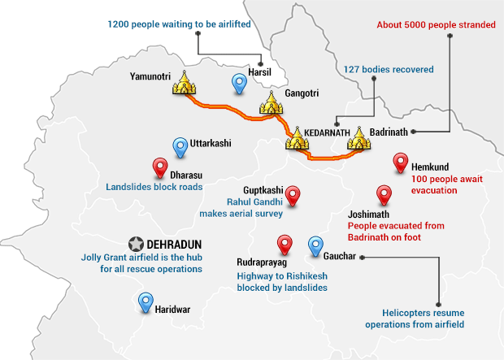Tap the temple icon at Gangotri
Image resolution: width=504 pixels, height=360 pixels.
coord(272,103)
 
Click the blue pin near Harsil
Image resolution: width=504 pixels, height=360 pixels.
coord(239,83)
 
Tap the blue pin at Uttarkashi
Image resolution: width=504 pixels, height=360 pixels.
coord(180,147)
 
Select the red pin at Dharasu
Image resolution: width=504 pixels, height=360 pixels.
coord(161,167)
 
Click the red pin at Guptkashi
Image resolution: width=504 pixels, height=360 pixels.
coord(294,195)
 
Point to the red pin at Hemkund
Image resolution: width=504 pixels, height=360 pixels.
coord(399,163)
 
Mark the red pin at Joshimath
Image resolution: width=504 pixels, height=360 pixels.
coord(385,195)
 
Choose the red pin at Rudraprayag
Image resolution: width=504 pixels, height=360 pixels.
coord(285,244)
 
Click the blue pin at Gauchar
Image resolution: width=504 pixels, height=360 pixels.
coord(315,245)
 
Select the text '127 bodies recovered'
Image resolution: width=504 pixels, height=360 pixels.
coord(389,69)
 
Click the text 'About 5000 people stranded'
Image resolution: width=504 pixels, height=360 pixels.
coord(436,25)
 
